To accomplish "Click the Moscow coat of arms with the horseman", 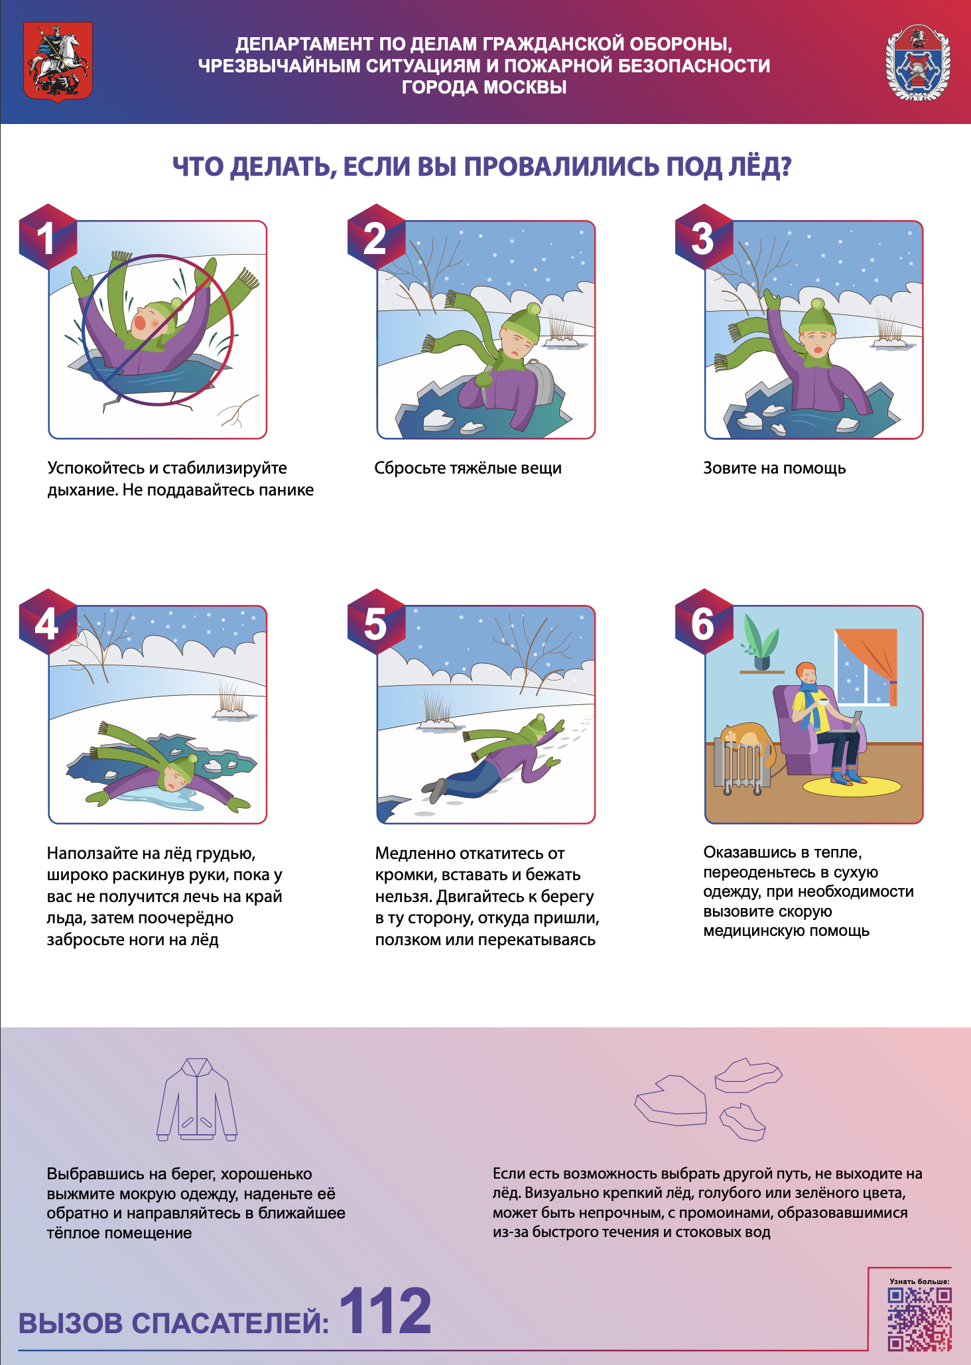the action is pyautogui.click(x=58, y=61).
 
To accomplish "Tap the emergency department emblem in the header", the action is pyautogui.click(x=918, y=64).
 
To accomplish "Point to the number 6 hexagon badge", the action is pyautogui.click(x=704, y=621).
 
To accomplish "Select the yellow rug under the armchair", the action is pyautogui.click(x=852, y=787).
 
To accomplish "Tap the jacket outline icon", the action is pyautogui.click(x=197, y=1099).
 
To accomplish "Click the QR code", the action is pyautogui.click(x=919, y=1319).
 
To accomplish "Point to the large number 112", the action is pyautogui.click(x=385, y=1311).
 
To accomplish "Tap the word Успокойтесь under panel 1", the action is pyautogui.click(x=96, y=468).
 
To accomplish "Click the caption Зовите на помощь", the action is pyautogui.click(x=774, y=468).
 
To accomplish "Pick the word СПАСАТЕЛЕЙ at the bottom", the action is pyautogui.click(x=230, y=1323).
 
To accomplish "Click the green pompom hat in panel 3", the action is pyautogui.click(x=817, y=318).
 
